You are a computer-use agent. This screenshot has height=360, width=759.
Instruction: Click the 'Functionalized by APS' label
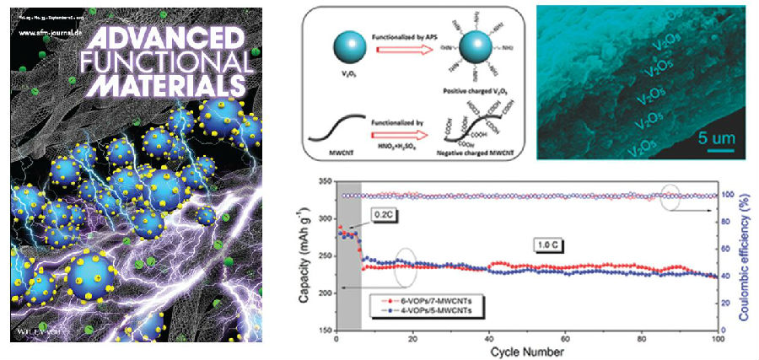[x=402, y=28]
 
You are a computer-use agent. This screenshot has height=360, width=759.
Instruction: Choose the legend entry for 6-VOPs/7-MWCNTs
[x=421, y=300]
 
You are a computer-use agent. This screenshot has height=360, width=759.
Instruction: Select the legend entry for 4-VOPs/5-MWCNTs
[x=421, y=311]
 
